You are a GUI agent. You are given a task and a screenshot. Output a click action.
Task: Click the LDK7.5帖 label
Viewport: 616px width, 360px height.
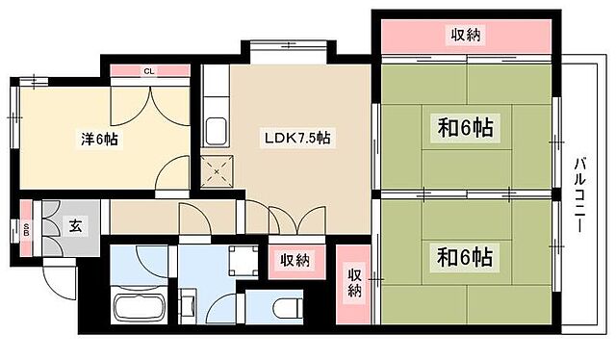coord(298,139)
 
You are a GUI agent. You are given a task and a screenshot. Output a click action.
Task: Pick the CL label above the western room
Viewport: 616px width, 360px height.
coord(149,71)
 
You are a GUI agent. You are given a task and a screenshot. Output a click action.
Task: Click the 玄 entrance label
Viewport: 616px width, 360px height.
coord(74,227)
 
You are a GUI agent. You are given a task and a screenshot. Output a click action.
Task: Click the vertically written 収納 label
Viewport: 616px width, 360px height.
coord(353,283)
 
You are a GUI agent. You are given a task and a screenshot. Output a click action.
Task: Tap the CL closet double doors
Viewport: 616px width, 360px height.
coord(149,96)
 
